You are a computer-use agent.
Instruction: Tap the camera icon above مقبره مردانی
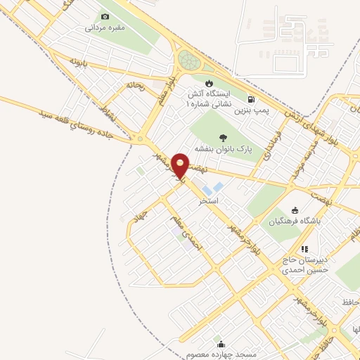click(105, 16)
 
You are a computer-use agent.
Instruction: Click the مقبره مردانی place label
click(105, 29)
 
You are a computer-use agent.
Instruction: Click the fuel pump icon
click(252, 100)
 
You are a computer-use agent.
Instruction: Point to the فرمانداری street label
click(273, 143)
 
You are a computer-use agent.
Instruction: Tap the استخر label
click(209, 201)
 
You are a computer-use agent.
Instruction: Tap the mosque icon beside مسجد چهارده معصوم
click(221, 345)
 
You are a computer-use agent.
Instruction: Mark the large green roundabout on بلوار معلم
click(188, 59)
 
